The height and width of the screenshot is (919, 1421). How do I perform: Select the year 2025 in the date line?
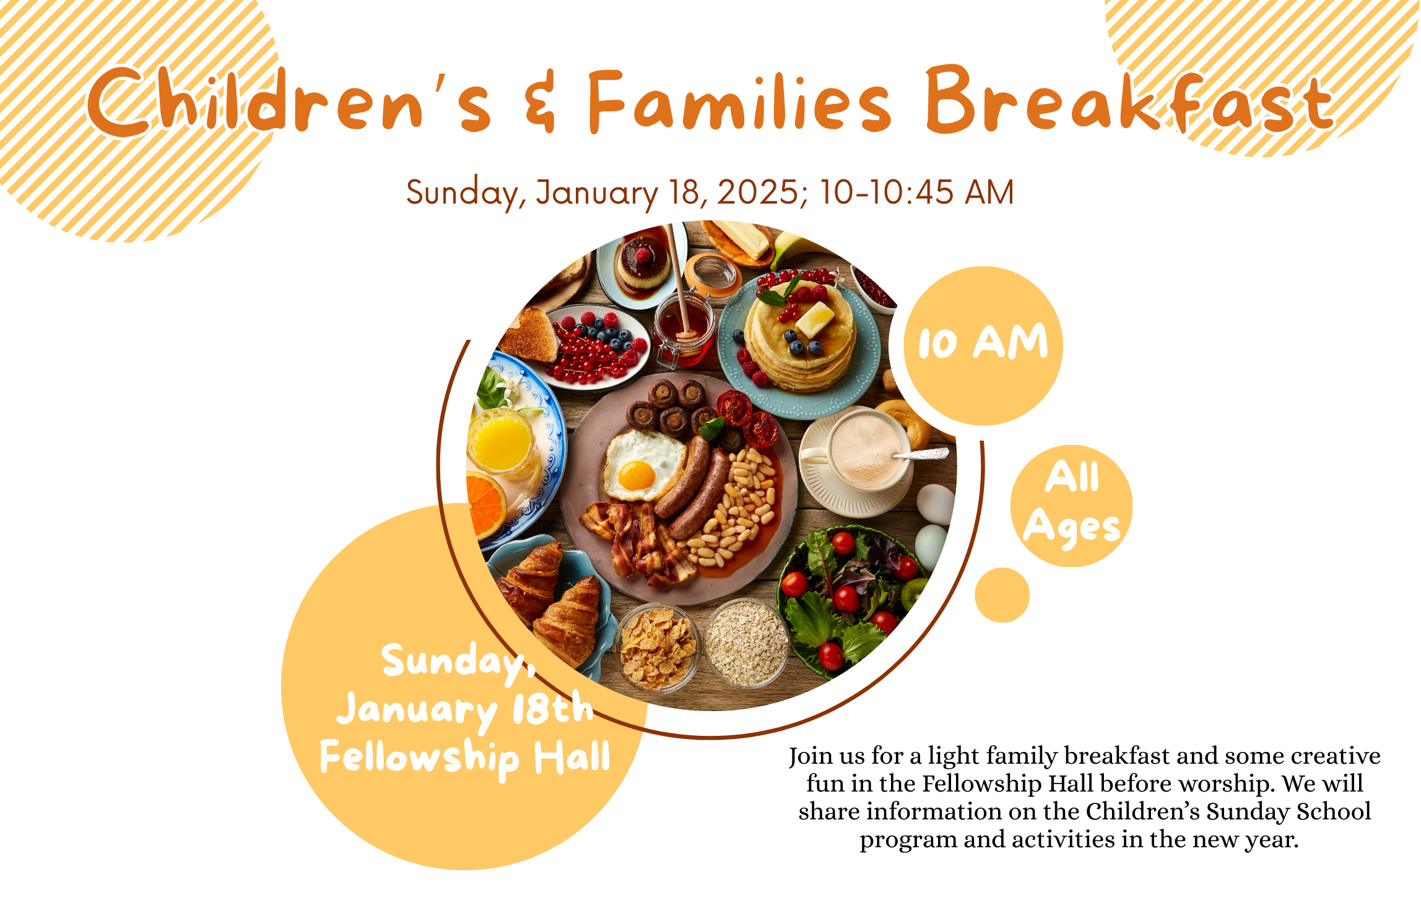pos(758,192)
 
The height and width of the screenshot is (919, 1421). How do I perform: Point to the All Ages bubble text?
pos(1072,503)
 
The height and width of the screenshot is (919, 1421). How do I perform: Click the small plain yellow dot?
pos(1002,595)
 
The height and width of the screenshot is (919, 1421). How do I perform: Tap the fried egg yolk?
pos(637,475)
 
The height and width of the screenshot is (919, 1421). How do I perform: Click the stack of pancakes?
pos(801,337)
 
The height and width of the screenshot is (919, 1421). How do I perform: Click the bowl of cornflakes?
pos(658,647)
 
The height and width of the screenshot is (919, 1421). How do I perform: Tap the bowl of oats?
pos(747,644)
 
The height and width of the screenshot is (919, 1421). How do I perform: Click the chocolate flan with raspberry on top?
pos(644,262)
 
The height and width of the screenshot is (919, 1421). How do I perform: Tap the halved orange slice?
pos(487,504)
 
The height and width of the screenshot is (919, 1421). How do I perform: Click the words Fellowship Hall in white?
pos(465,757)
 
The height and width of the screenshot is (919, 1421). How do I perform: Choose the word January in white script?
pos(417,710)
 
